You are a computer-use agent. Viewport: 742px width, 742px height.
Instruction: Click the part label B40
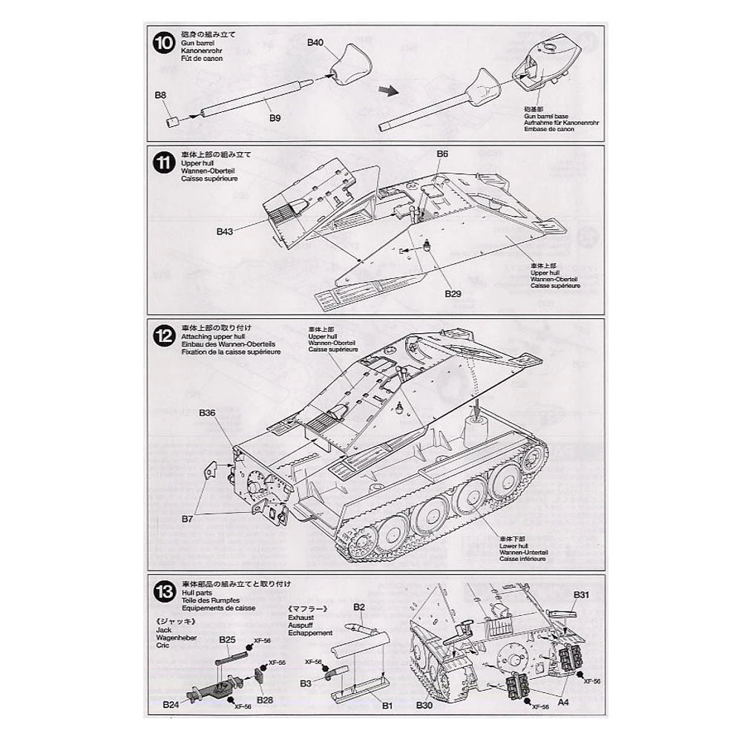tap(315, 44)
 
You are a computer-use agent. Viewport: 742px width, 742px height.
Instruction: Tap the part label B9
tap(275, 118)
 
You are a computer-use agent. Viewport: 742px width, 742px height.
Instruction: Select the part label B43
tap(226, 231)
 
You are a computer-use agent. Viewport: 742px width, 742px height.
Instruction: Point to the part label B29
tap(453, 295)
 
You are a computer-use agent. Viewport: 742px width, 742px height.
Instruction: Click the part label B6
tap(442, 154)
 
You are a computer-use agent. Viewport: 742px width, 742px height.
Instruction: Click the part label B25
tap(227, 639)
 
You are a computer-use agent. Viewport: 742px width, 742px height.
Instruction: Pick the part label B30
tap(424, 705)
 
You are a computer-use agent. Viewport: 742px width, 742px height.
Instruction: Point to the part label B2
tap(360, 608)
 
